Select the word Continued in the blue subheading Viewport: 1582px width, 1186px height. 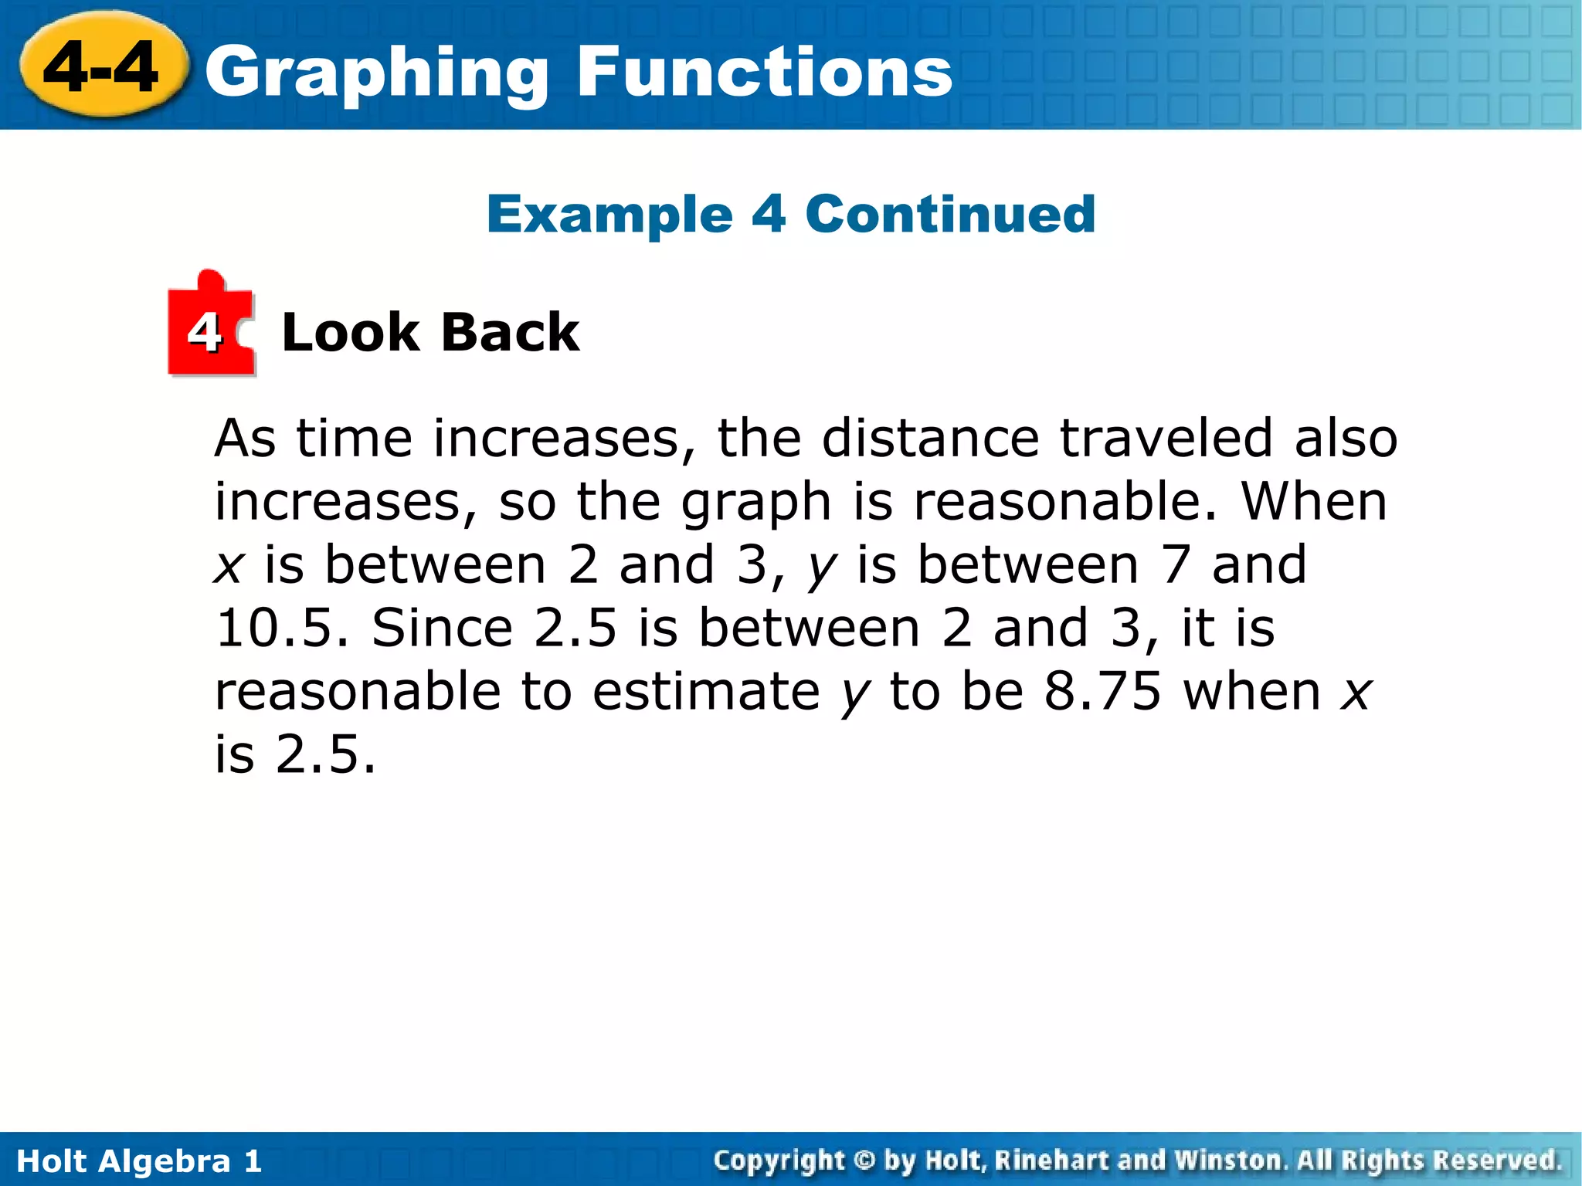(950, 214)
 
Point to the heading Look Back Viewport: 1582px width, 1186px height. (430, 333)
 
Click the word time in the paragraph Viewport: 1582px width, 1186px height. (355, 439)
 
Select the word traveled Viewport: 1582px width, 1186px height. (1166, 439)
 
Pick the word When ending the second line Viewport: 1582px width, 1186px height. (1314, 502)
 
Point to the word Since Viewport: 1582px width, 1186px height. (442, 628)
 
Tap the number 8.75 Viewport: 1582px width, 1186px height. (1102, 691)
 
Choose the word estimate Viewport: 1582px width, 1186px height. (706, 691)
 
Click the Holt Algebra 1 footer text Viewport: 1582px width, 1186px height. (139, 1161)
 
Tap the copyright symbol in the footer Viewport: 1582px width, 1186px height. (864, 1161)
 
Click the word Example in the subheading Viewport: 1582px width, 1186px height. (609, 215)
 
